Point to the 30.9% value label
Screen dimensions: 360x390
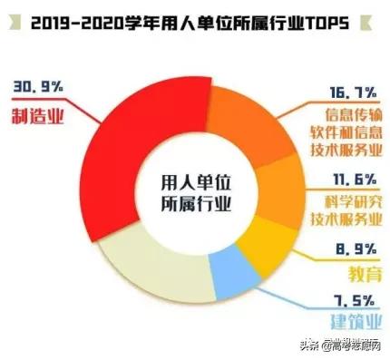point(37,87)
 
